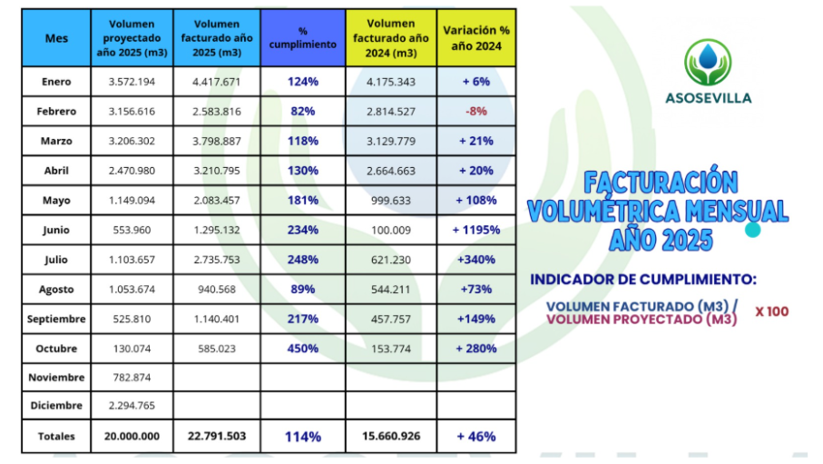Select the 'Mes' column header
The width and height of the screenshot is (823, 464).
pyautogui.click(x=56, y=38)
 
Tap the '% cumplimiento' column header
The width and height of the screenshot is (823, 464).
pyautogui.click(x=303, y=38)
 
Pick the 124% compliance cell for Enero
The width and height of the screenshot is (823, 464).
pyautogui.click(x=303, y=82)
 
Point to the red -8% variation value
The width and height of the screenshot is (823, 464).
pyautogui.click(x=475, y=112)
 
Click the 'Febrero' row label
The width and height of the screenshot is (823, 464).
pyautogui.click(x=56, y=112)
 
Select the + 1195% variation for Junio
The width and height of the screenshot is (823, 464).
pyautogui.click(x=475, y=230)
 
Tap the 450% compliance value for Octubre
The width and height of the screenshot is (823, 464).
pyautogui.click(x=303, y=349)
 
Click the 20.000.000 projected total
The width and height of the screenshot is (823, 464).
pyautogui.click(x=132, y=436)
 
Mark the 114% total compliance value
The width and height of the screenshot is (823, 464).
pyautogui.click(x=303, y=436)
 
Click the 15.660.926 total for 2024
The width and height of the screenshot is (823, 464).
pyautogui.click(x=391, y=436)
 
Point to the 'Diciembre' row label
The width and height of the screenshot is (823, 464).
pyautogui.click(x=56, y=406)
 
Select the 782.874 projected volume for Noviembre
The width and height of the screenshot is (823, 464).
pyautogui.click(x=132, y=377)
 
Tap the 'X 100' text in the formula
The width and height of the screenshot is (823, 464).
pyautogui.click(x=771, y=311)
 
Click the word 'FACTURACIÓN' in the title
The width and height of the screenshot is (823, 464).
pyautogui.click(x=660, y=182)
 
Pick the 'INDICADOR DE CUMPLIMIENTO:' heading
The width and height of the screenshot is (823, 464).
pyautogui.click(x=642, y=279)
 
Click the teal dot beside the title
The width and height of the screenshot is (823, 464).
pyautogui.click(x=752, y=231)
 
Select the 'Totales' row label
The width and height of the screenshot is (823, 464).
pyautogui.click(x=56, y=436)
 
